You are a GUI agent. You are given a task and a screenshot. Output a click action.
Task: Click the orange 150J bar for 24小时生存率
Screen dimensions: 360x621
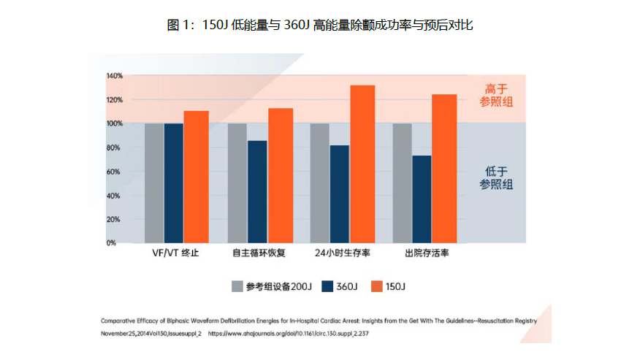point(362,164)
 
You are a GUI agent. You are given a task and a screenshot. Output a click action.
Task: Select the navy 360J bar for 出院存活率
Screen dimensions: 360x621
point(422,199)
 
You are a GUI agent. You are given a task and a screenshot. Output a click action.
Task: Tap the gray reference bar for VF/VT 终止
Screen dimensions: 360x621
point(154,183)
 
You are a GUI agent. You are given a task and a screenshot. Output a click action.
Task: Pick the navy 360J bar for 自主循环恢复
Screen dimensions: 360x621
point(257,191)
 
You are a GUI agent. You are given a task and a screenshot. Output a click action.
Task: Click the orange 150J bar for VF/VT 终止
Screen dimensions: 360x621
point(196,176)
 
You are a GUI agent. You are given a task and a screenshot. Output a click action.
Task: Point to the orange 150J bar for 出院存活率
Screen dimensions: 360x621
point(444,168)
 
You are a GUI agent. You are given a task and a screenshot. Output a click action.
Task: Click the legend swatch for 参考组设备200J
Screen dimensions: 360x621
point(237,286)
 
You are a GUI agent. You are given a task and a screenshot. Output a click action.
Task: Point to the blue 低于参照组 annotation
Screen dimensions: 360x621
point(496,177)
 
